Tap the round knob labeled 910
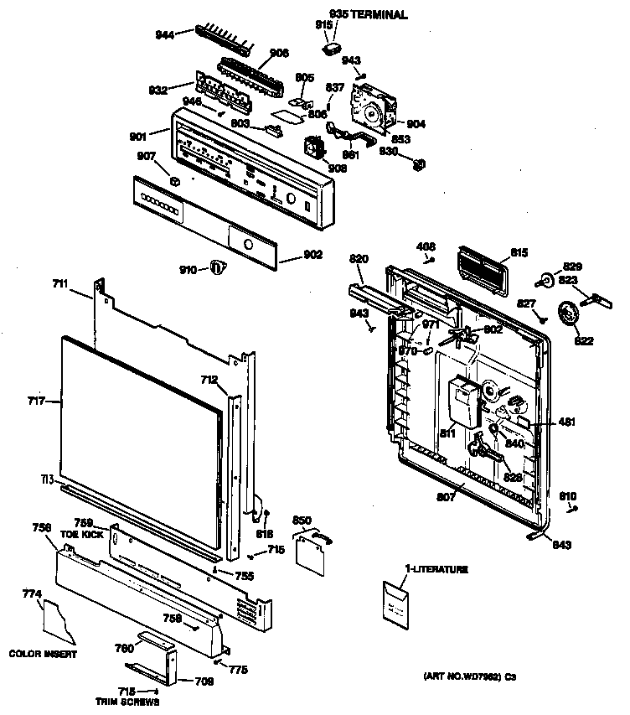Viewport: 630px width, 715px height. point(217,268)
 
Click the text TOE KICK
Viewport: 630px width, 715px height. point(82,533)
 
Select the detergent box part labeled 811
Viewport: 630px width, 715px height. point(461,400)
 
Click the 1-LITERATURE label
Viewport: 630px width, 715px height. point(436,569)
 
